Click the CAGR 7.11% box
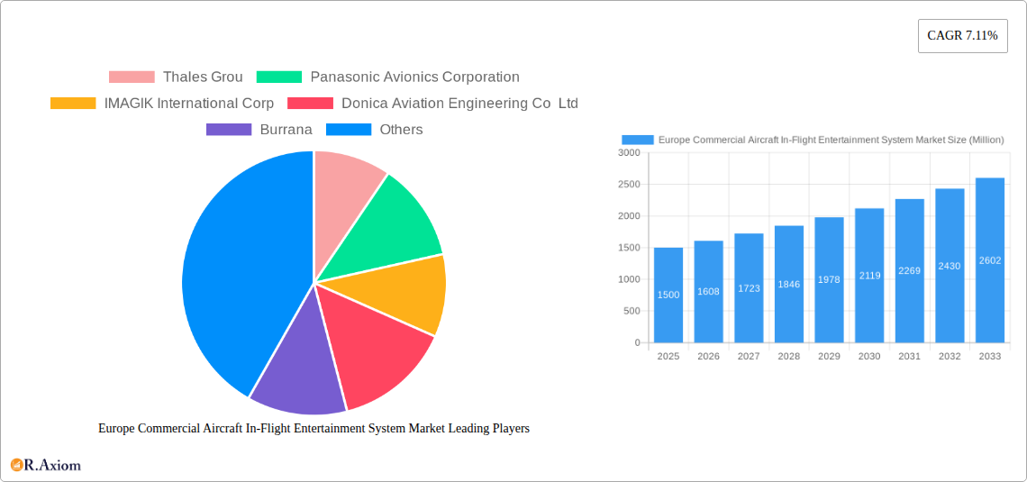pyautogui.click(x=962, y=36)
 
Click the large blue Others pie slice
pyautogui.click(x=234, y=270)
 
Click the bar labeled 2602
pyautogui.click(x=989, y=260)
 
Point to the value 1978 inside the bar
pyautogui.click(x=829, y=279)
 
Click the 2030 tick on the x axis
pyautogui.click(x=869, y=357)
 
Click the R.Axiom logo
pyautogui.click(x=46, y=465)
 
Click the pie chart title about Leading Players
pyautogui.click(x=314, y=429)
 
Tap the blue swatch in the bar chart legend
pyautogui.click(x=637, y=140)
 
